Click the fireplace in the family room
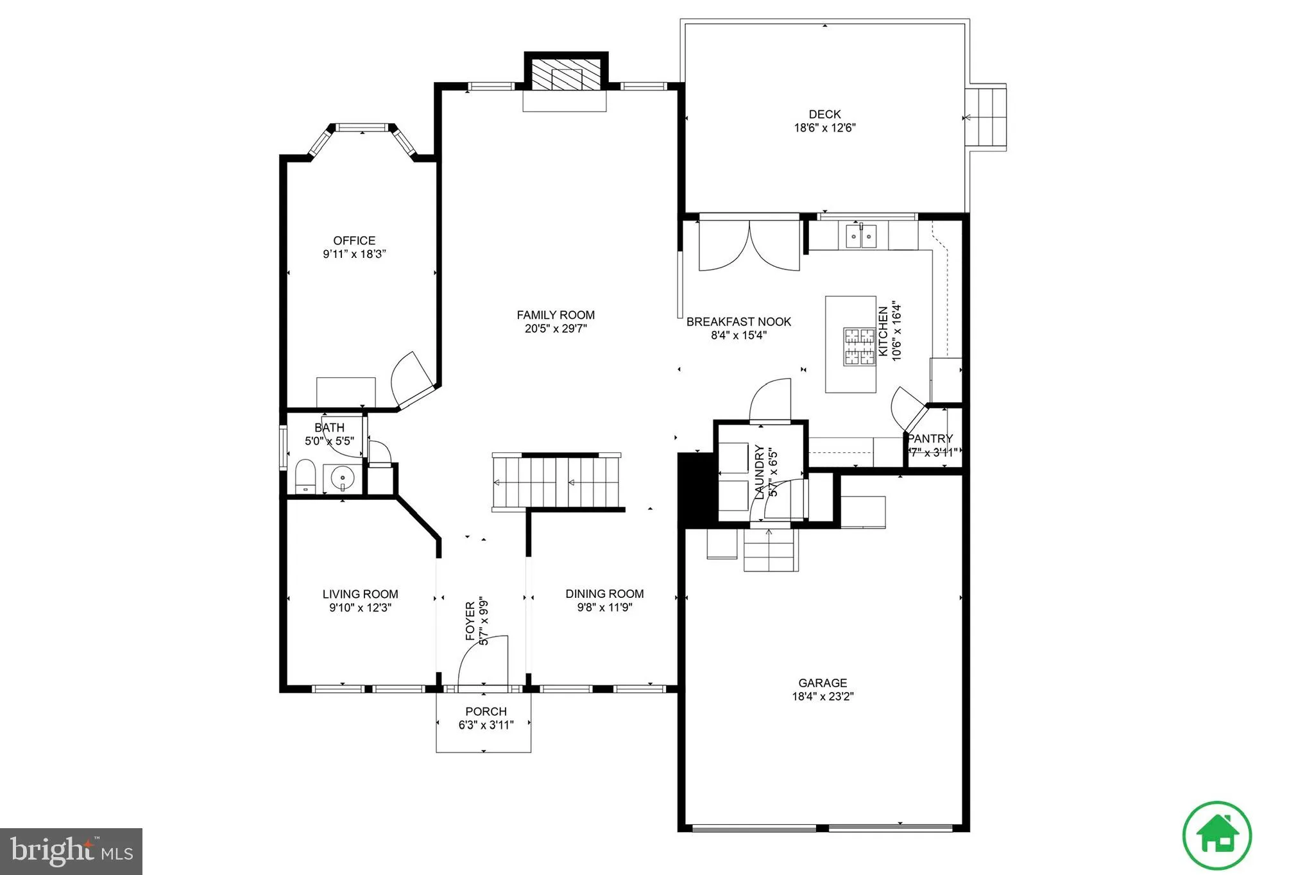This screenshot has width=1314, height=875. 565,76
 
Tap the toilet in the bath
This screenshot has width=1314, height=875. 305,475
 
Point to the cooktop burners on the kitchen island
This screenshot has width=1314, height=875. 858,346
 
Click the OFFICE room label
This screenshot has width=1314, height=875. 354,241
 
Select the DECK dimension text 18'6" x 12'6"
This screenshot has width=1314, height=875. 824,128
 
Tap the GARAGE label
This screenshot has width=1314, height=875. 823,683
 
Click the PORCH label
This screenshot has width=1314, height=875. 486,711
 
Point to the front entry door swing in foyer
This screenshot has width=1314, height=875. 482,661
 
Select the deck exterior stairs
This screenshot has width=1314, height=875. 987,118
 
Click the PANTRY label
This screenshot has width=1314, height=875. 930,439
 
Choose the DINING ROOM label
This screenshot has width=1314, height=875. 604,594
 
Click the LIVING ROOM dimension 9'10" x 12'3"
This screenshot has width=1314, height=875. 360,607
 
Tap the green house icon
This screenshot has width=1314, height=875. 1217,836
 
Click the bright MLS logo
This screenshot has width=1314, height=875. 71,851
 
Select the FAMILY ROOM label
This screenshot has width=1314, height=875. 556,315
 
